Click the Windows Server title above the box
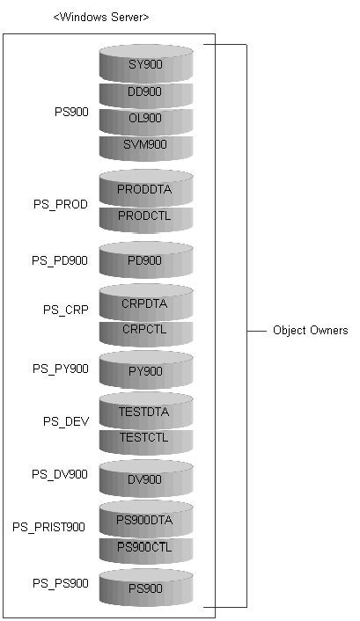[x=101, y=18]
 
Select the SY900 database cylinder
[x=146, y=63]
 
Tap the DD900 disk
[x=146, y=95]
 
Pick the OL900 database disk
[x=146, y=121]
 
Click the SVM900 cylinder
[x=146, y=148]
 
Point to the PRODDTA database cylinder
[x=146, y=187]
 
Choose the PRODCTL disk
[x=146, y=219]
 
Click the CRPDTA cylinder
[x=146, y=302]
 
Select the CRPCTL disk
[x=146, y=333]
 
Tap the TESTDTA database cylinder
[x=146, y=410]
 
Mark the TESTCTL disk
[x=146, y=442]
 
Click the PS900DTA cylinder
[x=146, y=518]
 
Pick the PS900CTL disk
[x=146, y=551]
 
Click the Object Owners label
[x=311, y=331]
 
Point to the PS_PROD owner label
[x=60, y=205]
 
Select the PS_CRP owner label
[x=66, y=310]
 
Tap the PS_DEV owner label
[x=66, y=422]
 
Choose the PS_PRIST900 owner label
[x=48, y=528]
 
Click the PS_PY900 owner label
[x=60, y=369]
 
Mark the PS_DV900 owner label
[x=60, y=474]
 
